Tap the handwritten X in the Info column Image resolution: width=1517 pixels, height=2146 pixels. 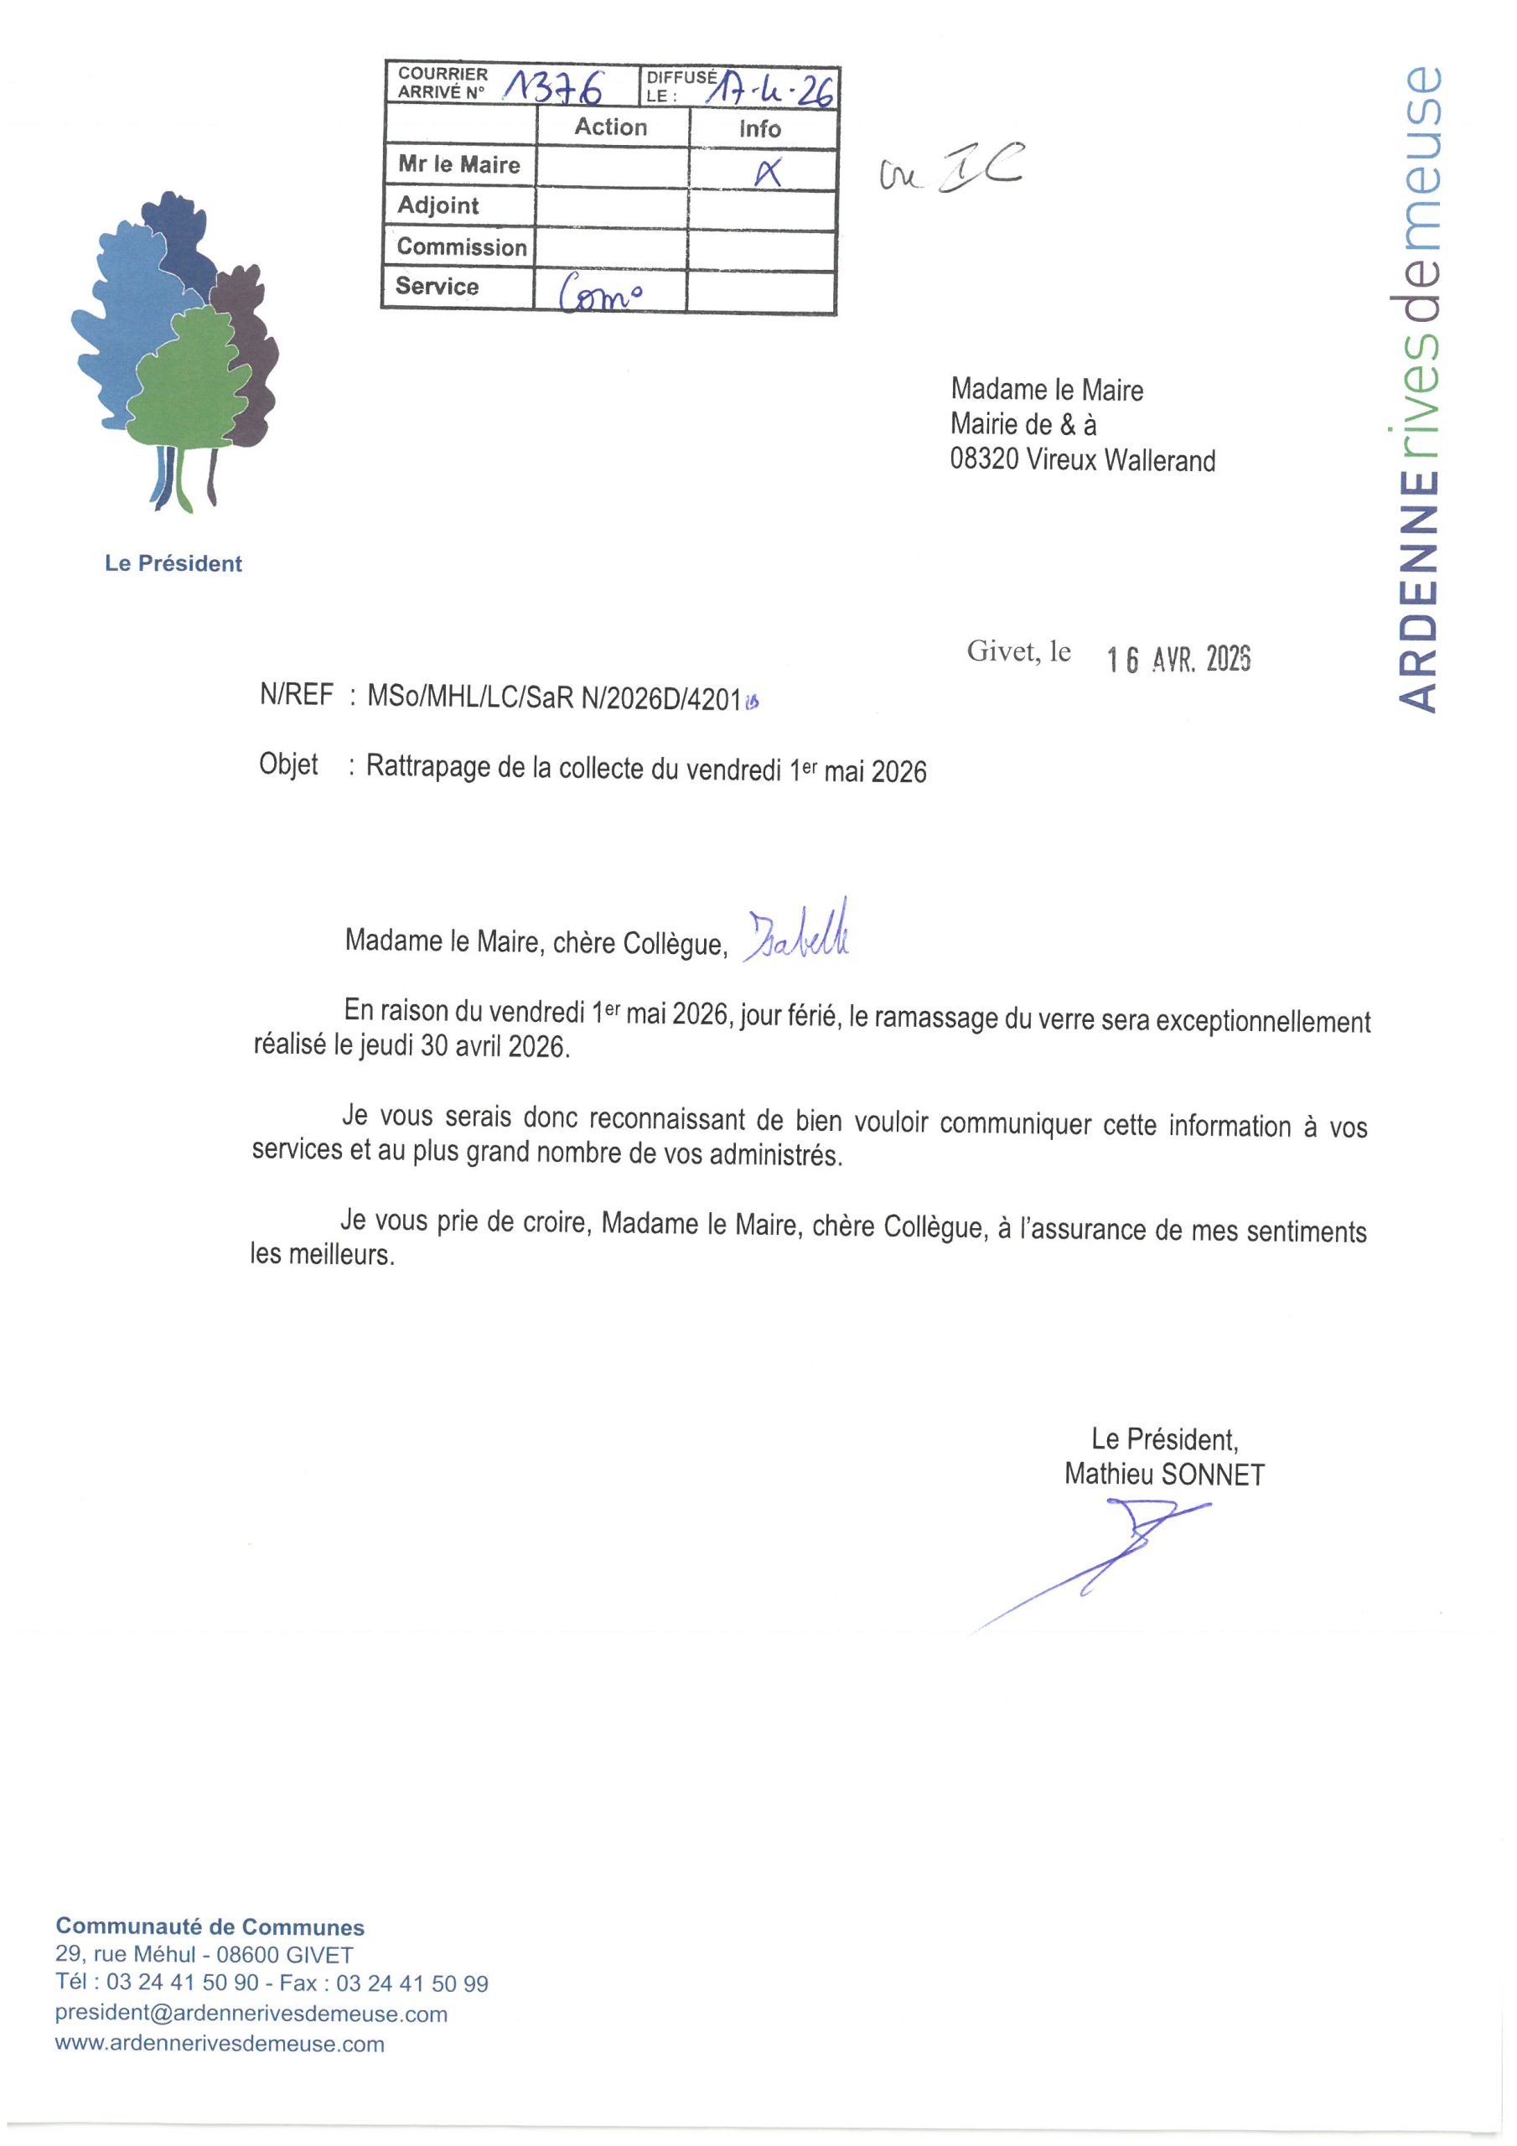[768, 171]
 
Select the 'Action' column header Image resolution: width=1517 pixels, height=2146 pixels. [610, 127]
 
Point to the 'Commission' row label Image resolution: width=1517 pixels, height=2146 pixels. [462, 246]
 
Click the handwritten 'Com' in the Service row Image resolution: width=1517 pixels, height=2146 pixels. [600, 294]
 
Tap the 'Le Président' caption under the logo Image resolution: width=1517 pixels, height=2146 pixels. [173, 563]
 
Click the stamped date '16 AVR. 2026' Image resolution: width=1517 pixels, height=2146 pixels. [1178, 659]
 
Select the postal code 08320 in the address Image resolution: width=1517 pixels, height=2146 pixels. [983, 460]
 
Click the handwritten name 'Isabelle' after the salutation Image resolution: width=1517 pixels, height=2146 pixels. [797, 933]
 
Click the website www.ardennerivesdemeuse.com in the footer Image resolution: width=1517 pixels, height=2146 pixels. [220, 2043]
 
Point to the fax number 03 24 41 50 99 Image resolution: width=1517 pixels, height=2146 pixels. [412, 1983]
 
